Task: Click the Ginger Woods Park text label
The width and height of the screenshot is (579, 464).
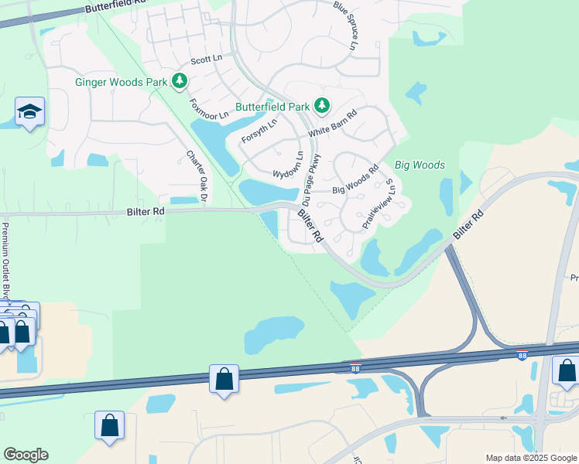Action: [121, 81]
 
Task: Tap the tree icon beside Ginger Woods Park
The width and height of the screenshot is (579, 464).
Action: [180, 80]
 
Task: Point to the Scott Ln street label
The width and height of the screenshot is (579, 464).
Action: [205, 60]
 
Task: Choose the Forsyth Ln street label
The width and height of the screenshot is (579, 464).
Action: [259, 131]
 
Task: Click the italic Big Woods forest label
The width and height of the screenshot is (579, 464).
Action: [420, 165]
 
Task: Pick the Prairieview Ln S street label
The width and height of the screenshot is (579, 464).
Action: [379, 203]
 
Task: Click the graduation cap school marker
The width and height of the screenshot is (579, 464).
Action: [29, 112]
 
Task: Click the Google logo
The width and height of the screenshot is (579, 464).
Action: [26, 455]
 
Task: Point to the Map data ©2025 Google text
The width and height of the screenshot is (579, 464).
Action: [530, 458]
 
